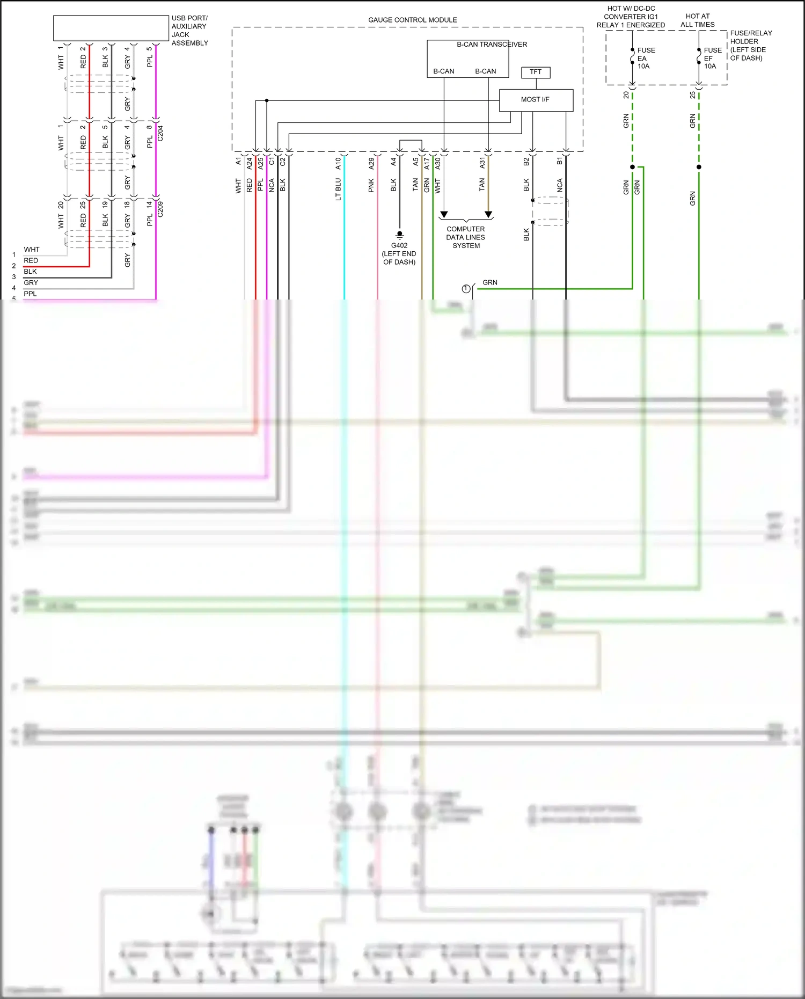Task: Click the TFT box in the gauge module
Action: [x=536, y=72]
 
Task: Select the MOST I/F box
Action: [x=536, y=100]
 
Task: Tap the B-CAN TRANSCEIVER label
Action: [x=492, y=45]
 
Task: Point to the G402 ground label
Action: [x=399, y=246]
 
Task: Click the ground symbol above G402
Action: [x=399, y=235]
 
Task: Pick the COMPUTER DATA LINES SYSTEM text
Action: [x=466, y=237]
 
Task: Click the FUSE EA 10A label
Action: [x=645, y=58]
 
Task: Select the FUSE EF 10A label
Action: [x=712, y=58]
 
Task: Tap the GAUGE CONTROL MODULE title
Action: [x=412, y=20]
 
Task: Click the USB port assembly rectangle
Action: [x=111, y=28]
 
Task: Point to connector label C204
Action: [x=160, y=133]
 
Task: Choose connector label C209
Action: [x=160, y=209]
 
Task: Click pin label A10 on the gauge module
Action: [x=338, y=163]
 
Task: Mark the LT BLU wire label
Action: [x=338, y=189]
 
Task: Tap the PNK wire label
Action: [x=371, y=186]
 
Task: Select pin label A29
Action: [x=371, y=163]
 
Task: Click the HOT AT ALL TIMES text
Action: [x=697, y=20]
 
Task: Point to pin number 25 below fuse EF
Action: [x=692, y=94]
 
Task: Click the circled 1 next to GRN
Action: [x=466, y=289]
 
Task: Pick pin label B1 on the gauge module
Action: [x=559, y=161]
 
